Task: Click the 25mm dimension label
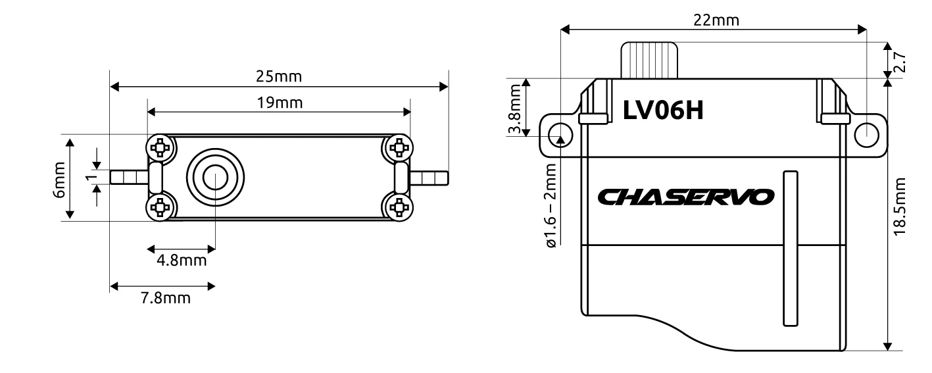279,76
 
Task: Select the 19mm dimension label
279,103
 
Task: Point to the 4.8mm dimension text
182,261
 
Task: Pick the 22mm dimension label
716,20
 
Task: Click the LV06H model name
663,111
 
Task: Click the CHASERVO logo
686,196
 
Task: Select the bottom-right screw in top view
398,209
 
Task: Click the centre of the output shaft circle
215,178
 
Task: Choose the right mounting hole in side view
867,134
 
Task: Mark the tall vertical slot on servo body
790,248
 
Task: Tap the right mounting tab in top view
429,178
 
